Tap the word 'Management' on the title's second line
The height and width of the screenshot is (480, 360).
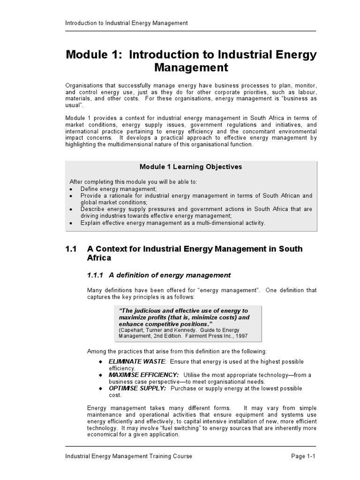tap(191, 68)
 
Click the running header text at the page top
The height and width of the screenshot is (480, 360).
tap(126, 22)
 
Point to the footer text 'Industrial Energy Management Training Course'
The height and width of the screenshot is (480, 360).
tap(128, 456)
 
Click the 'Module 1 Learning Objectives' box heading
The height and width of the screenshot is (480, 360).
tap(191, 167)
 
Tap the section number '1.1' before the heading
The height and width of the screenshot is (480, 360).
tap(71, 249)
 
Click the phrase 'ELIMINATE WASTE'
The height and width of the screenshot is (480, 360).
tap(137, 361)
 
